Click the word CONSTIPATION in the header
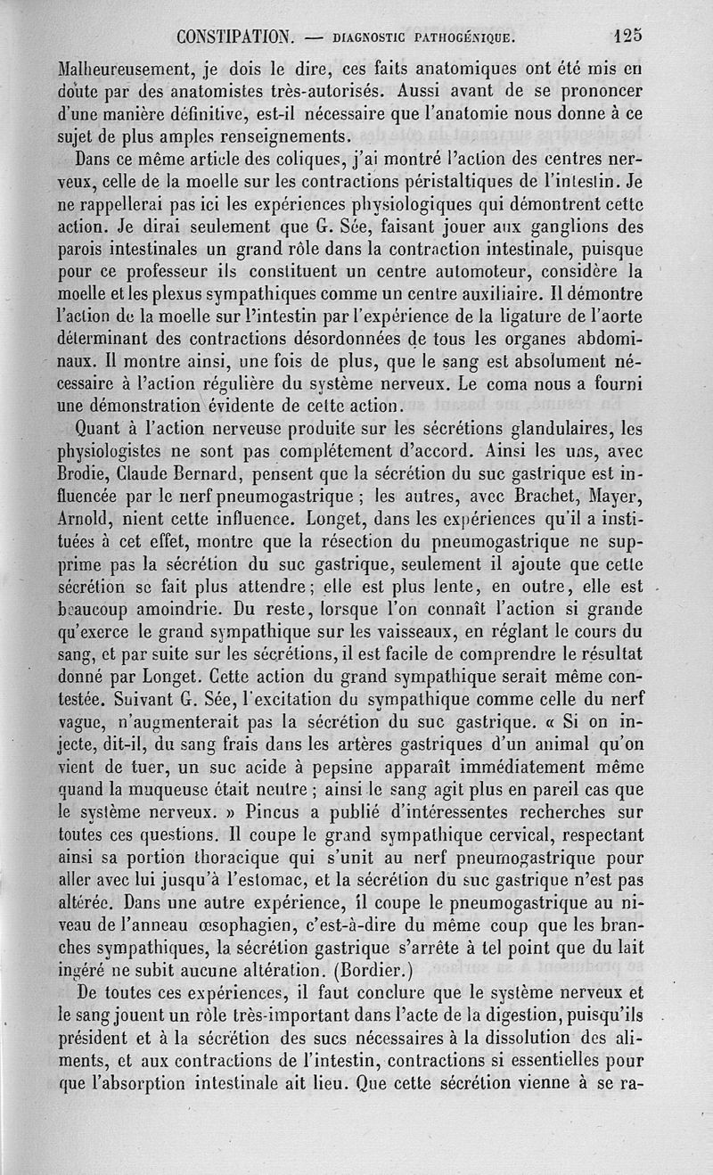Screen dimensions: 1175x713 point(234,37)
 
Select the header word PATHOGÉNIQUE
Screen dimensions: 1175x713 point(463,37)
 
